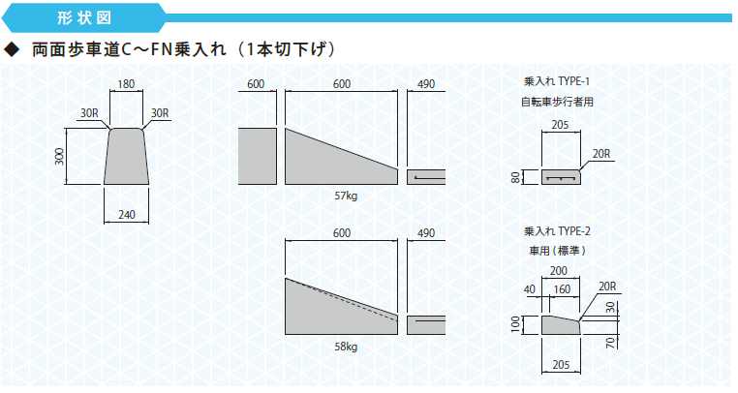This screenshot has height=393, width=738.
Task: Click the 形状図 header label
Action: coord(84,17)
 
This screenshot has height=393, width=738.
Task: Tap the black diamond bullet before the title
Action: coord(12,49)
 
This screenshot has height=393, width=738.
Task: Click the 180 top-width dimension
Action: coord(126,84)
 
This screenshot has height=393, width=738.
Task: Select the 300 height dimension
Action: coord(59,156)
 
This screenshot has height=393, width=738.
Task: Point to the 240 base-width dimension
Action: coord(127,215)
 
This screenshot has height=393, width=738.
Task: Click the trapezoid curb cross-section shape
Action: coord(126,156)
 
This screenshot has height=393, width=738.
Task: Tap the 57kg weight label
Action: coord(346,196)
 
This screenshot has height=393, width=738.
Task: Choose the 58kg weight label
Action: coord(346,347)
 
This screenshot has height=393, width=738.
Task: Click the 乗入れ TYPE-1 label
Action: coord(557,81)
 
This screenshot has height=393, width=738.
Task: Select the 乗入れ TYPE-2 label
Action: coord(557,231)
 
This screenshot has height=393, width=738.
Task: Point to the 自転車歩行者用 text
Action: coord(557,102)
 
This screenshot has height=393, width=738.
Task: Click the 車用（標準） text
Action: coord(557,251)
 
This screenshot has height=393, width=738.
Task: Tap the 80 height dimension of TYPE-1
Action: coord(516,177)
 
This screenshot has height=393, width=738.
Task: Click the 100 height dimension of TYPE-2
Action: coord(516,324)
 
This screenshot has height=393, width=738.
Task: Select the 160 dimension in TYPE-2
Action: coord(562,289)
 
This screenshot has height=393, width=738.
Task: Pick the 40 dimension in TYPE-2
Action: coord(530,289)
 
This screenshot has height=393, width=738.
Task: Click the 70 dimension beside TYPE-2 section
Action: coord(610,342)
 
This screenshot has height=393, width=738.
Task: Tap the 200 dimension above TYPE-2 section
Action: coord(559,271)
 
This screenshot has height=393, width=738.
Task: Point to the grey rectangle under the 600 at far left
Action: coord(257,156)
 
